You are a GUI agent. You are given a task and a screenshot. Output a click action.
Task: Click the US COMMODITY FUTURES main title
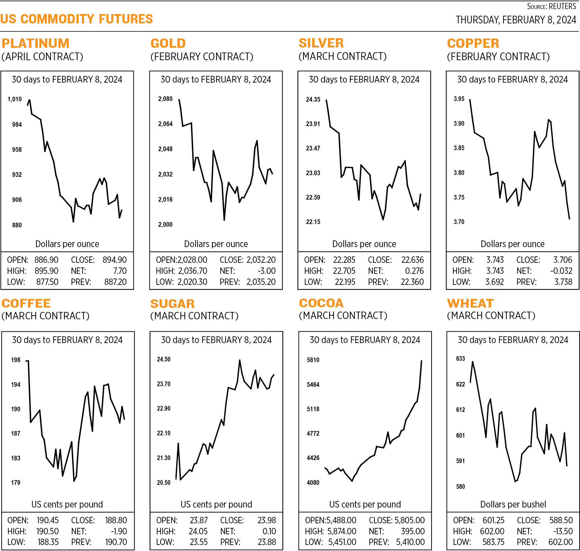(77, 19)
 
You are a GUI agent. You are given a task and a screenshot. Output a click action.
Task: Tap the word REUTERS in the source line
(562, 6)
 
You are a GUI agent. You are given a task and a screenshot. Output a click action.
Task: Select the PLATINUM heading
(35, 43)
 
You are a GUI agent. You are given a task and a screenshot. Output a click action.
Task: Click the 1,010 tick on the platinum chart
(14, 99)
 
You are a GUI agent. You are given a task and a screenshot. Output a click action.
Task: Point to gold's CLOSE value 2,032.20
(261, 260)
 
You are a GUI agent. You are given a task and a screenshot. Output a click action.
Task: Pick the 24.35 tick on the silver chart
(313, 99)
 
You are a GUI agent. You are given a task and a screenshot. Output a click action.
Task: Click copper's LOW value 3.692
(494, 282)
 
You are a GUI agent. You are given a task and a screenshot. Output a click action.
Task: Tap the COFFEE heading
(26, 303)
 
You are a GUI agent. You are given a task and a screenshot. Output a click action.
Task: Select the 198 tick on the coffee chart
(15, 360)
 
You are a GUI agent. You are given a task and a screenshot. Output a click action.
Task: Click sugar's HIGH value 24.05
(199, 531)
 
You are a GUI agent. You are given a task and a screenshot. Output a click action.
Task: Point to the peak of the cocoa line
(422, 361)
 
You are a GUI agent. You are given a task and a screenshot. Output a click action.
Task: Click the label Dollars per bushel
(513, 504)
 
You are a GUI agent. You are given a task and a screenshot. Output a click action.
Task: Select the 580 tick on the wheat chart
(460, 486)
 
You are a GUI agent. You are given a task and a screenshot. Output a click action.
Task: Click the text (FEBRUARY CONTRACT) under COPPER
(498, 57)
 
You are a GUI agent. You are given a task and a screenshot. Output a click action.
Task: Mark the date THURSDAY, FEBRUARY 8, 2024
(516, 20)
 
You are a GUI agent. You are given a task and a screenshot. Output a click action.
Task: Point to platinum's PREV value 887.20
(115, 282)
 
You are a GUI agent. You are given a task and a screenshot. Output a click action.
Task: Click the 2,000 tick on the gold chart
(165, 225)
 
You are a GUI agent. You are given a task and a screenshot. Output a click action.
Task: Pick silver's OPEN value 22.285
(344, 260)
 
